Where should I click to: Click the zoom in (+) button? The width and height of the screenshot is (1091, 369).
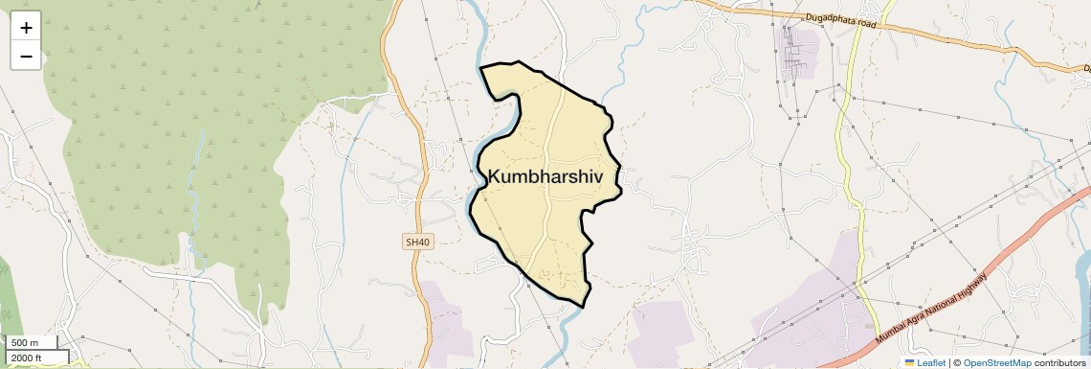26,28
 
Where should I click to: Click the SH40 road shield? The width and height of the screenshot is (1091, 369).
418,242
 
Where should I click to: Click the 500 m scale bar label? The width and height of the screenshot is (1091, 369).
25,343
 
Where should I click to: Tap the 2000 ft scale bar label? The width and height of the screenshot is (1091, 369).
27,357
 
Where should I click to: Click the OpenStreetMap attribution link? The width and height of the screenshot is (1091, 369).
996,362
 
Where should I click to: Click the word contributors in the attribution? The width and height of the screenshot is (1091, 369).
1060,362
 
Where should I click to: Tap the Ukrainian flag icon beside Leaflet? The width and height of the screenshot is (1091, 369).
910,362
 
